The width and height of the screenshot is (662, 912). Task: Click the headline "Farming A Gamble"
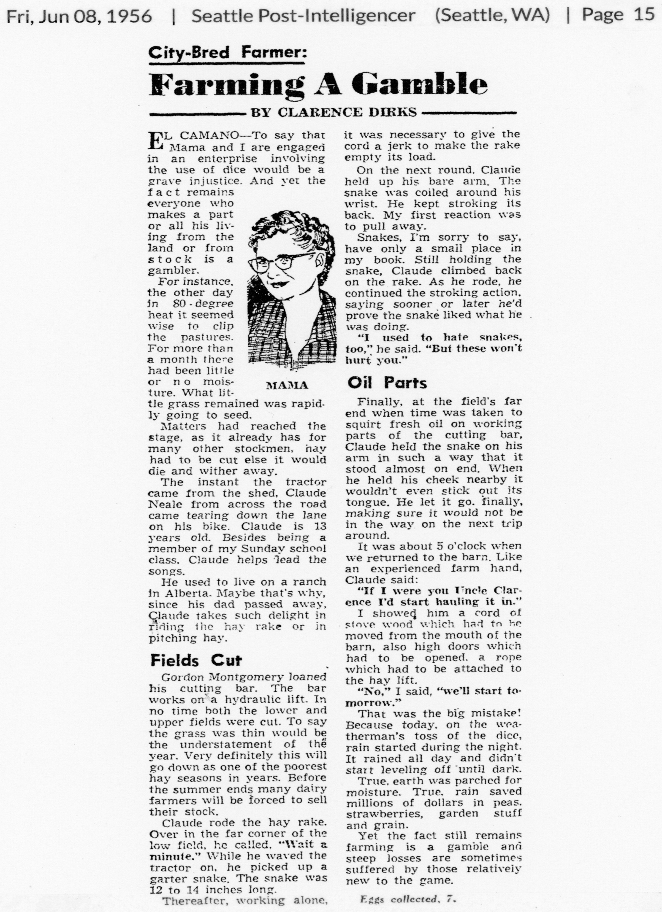pyautogui.click(x=319, y=84)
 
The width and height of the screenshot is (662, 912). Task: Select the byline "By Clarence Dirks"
pyautogui.click(x=334, y=112)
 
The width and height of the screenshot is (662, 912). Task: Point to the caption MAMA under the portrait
pyautogui.click(x=287, y=385)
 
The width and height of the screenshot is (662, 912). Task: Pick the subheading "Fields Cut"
pyautogui.click(x=196, y=660)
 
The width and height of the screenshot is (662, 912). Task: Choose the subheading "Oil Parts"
pyautogui.click(x=387, y=383)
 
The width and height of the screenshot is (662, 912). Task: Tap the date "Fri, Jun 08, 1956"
pyautogui.click(x=79, y=16)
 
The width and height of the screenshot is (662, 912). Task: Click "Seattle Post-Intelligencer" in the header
pyautogui.click(x=303, y=16)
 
